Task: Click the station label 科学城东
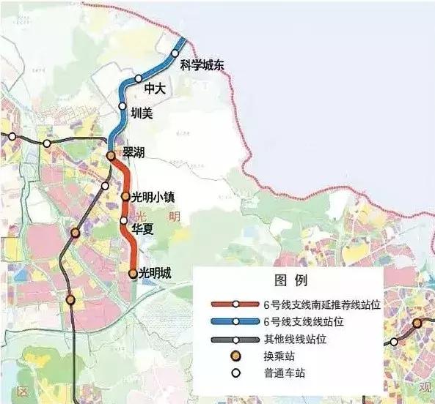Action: coord(201,65)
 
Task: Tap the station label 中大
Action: coord(156,89)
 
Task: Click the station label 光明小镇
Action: coord(156,197)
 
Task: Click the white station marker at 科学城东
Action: coord(176,53)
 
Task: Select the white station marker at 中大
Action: coord(138,78)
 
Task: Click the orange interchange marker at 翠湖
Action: coord(110,156)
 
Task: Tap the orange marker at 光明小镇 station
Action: coord(125,197)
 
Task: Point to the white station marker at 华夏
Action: coord(124,220)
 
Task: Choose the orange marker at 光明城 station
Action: coord(133,274)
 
